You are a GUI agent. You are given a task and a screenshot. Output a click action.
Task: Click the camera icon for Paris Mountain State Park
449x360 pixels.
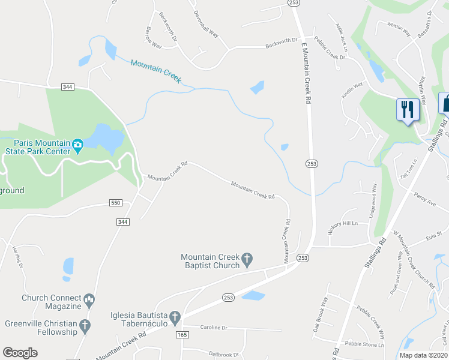77,144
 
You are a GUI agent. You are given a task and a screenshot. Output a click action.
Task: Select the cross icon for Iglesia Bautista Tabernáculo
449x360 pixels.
175,316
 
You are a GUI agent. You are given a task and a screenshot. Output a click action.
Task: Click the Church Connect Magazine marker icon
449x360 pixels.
89,298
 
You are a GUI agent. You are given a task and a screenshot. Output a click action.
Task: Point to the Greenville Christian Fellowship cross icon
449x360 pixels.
85,326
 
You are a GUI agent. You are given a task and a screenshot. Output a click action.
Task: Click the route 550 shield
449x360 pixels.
116,203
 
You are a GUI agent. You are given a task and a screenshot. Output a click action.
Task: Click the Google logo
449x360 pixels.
20,353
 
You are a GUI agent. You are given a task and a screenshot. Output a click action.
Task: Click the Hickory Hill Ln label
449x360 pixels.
343,224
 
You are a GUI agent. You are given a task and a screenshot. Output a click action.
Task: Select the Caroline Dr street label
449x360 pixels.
214,328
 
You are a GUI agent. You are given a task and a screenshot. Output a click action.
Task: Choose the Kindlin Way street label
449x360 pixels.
352,90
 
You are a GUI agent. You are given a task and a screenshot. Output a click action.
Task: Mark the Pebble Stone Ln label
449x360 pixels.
364,344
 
